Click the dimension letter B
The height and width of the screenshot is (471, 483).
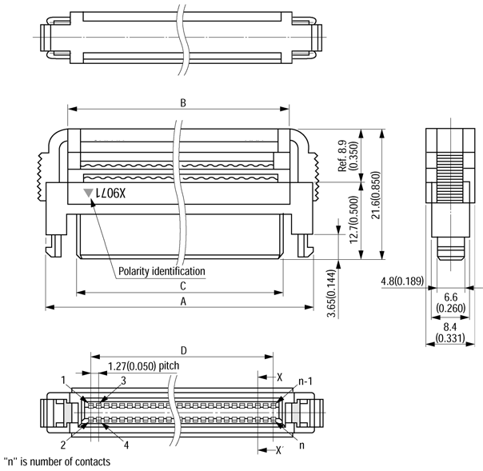pos(182,103)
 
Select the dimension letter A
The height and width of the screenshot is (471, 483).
pos(183,301)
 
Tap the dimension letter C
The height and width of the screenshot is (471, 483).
pos(183,285)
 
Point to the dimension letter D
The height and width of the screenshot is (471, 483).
pos(183,349)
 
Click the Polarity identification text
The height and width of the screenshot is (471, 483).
pos(161,271)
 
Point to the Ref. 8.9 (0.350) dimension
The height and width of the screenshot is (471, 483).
pos(347,156)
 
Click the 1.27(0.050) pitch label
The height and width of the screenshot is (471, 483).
pos(143,365)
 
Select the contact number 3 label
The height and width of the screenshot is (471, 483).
pos(124,381)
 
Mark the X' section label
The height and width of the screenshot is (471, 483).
pos(279,450)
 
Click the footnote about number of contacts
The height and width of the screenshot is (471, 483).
pos(57,461)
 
